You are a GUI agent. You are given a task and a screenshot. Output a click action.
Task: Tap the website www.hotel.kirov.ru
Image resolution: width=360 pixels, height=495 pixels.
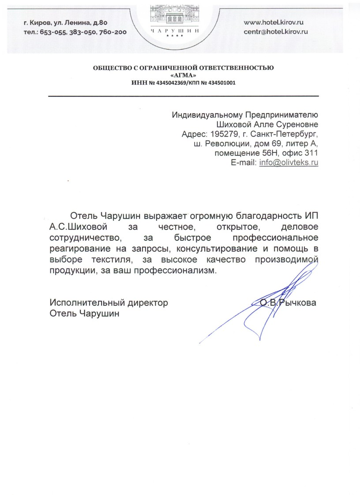(x=274, y=22)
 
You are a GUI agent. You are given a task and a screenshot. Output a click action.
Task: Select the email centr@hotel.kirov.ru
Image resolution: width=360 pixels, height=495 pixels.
(x=276, y=31)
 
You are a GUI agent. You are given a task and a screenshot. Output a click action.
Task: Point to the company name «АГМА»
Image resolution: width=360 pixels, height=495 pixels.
(x=183, y=75)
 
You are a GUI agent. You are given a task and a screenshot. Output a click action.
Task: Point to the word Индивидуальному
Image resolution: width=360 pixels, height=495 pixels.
(x=203, y=115)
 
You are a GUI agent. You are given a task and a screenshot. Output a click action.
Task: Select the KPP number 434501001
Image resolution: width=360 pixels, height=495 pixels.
(x=219, y=82)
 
